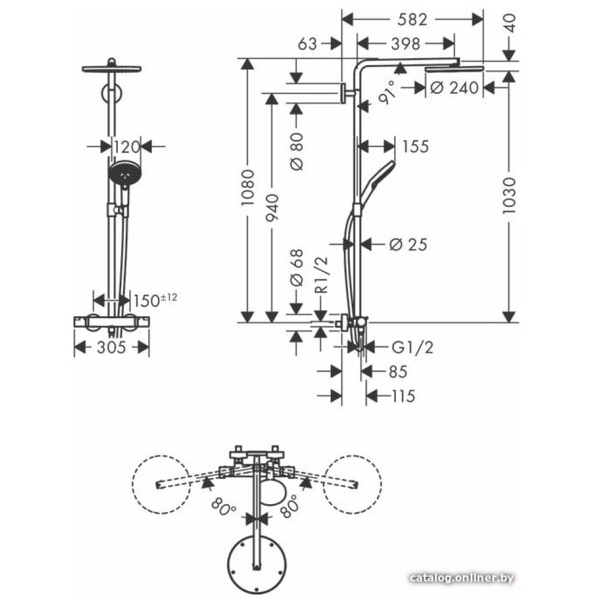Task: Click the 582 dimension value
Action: [x=412, y=20]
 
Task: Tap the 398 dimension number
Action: [x=405, y=44]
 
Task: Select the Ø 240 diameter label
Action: [x=454, y=88]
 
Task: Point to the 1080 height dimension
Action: [x=248, y=188]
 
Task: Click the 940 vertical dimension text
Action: [x=272, y=208]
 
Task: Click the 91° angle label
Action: [x=387, y=92]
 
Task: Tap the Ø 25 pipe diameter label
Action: [x=408, y=245]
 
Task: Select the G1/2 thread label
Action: [x=413, y=347]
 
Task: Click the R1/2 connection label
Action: [x=322, y=274]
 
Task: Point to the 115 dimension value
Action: [x=403, y=396]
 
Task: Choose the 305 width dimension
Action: [x=111, y=347]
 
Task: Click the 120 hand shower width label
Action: [x=127, y=147]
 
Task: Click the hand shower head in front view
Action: [x=125, y=173]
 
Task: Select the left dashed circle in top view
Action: [x=161, y=484]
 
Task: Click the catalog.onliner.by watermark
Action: [x=462, y=578]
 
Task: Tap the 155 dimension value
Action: [x=416, y=147]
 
